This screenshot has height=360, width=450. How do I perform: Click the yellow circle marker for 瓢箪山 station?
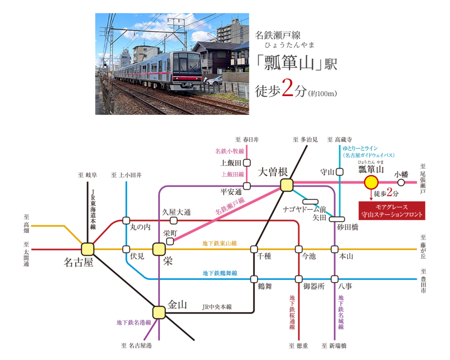[371, 182]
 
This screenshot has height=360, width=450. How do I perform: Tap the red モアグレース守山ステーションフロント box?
[392, 211]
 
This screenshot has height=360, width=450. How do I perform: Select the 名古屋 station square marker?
[88, 249]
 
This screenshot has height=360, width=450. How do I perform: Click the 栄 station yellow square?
[159, 249]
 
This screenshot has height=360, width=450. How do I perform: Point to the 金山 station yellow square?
[159, 312]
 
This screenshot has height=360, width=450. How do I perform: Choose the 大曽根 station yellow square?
[287, 185]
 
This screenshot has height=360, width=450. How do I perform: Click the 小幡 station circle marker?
[401, 182]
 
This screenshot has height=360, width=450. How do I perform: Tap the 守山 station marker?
[339, 172]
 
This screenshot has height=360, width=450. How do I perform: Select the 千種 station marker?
[254, 249]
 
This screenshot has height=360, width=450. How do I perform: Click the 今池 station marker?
[299, 249]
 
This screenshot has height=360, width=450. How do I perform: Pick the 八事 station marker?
[334, 279]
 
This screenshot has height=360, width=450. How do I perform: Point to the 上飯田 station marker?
[247, 163]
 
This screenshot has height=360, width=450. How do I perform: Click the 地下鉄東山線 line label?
[219, 243]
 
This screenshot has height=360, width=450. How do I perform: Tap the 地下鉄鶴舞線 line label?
[220, 273]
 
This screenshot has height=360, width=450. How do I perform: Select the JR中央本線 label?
[217, 307]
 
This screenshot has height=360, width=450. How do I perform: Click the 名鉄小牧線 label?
[230, 151]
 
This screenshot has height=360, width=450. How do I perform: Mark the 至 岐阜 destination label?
[88, 175]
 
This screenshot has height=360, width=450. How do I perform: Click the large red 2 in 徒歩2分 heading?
[287, 88]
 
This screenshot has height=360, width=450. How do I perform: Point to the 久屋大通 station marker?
[174, 220]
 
